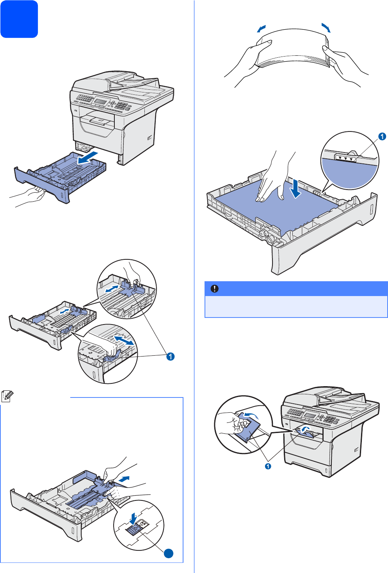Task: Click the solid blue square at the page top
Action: (x=19, y=19)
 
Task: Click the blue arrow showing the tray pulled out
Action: (x=88, y=158)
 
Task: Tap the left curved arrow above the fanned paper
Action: (x=262, y=28)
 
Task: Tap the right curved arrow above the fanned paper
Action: (x=326, y=28)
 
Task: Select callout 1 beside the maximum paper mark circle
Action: (x=382, y=136)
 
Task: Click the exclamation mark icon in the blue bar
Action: (x=215, y=289)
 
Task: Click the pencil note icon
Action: (x=7, y=396)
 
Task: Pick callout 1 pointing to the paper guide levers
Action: (x=170, y=356)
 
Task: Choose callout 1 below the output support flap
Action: (x=268, y=466)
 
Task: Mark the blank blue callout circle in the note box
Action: (x=168, y=553)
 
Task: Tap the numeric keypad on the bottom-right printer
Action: (x=331, y=419)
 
